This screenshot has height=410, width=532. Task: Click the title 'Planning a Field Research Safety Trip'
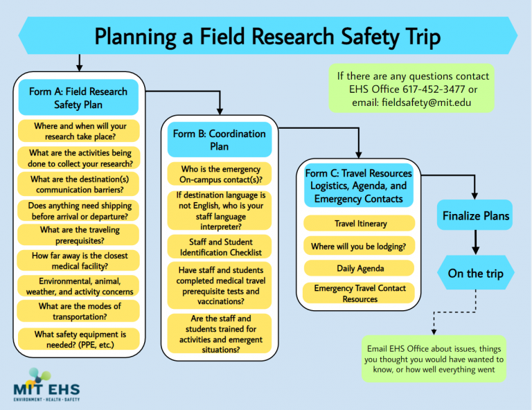pos(267,36)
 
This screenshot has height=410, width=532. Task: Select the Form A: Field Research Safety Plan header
pos(78,98)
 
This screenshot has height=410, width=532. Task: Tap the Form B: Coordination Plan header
pos(219,140)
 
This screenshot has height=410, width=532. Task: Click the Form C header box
pos(359,186)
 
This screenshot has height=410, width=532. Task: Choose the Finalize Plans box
pos(475,216)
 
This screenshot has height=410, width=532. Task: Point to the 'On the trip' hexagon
pos(475,273)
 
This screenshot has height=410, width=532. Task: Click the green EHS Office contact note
pos(412,89)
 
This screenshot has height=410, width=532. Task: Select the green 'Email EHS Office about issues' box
pos(434,358)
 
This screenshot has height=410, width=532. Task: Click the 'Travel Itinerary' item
pos(359,224)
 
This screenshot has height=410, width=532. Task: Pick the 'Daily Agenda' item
pos(359,268)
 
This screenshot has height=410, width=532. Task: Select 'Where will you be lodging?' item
pos(359,246)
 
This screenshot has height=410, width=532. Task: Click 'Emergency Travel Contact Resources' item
pos(359,293)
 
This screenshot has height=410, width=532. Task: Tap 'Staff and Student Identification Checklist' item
pos(219,247)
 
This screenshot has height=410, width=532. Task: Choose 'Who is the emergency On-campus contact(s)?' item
pos(219,174)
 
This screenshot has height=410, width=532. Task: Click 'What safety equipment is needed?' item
pos(78,339)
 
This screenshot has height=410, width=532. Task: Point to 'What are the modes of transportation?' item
pos(78,311)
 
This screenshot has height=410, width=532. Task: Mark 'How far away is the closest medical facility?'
pos(78,260)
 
